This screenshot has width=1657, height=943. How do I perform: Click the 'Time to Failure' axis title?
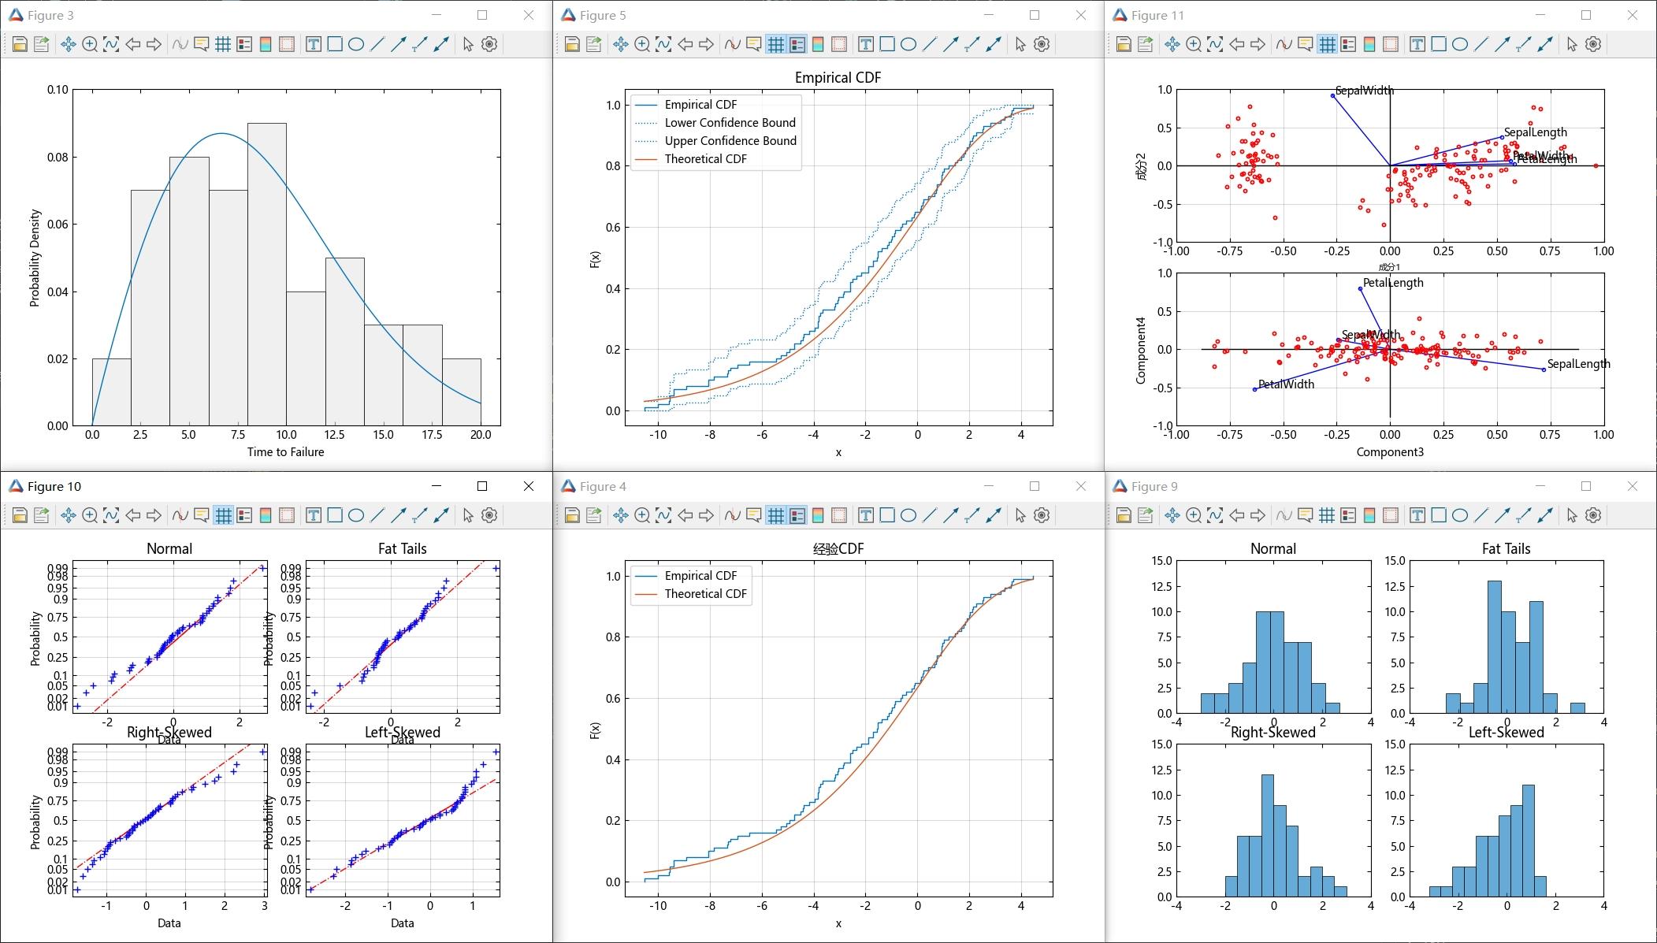click(285, 452)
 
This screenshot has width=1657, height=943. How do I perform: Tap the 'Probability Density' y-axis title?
click(35, 258)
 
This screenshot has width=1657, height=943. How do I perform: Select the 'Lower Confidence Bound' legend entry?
click(730, 123)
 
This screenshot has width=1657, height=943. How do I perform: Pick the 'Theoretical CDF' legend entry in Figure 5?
click(705, 159)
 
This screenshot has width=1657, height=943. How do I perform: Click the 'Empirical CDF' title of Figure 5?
click(838, 78)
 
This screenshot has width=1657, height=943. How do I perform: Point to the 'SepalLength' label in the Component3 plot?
click(1578, 364)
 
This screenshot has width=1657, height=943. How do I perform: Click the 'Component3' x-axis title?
click(1389, 452)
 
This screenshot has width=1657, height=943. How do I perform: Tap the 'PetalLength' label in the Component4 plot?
click(1393, 283)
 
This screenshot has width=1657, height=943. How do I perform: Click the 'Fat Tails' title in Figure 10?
click(402, 549)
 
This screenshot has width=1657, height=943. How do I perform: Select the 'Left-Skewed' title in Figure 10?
click(402, 733)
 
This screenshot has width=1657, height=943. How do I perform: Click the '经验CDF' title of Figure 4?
click(838, 549)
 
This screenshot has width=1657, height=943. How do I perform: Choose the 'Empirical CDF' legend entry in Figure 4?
click(700, 576)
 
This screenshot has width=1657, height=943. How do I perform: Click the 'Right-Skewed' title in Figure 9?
click(1272, 733)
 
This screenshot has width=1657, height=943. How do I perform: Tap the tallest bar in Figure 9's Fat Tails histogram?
click(1494, 647)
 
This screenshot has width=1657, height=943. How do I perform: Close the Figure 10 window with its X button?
click(529, 486)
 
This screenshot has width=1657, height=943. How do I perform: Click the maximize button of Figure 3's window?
click(482, 15)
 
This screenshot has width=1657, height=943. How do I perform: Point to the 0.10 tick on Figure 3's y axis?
click(58, 90)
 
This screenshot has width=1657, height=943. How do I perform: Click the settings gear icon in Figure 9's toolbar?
click(1593, 515)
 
